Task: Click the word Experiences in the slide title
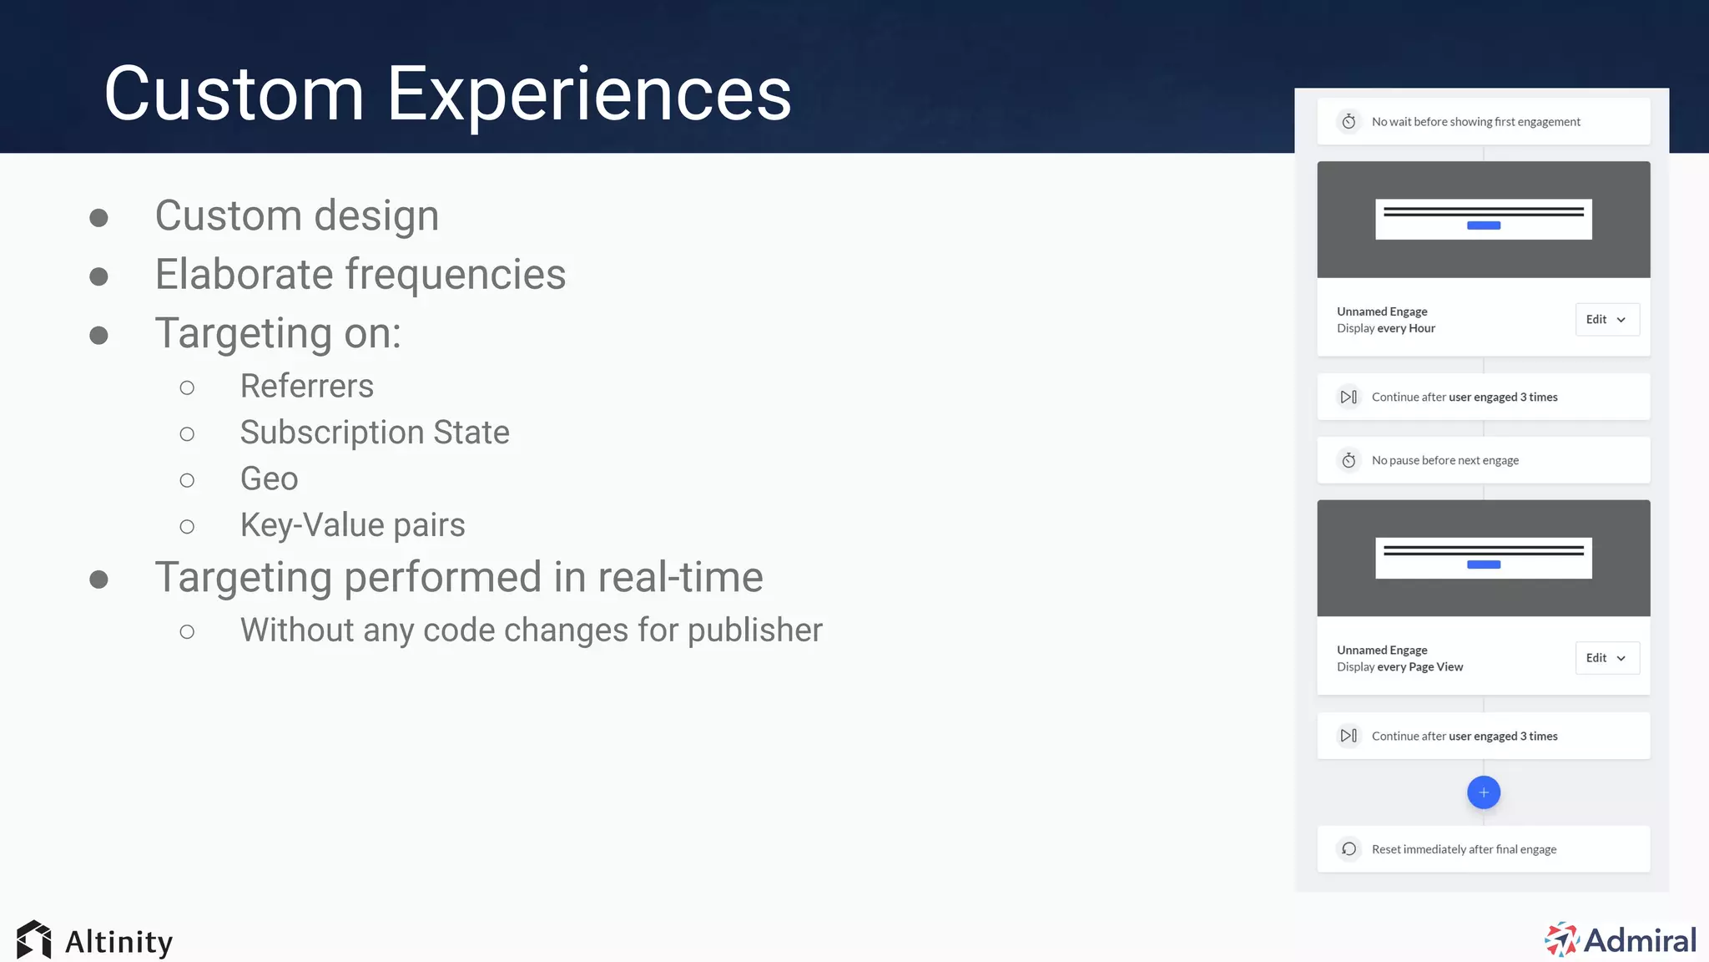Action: pyautogui.click(x=588, y=94)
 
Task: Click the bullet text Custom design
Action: pyautogui.click(x=296, y=215)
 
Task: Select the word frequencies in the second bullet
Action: pyautogui.click(x=455, y=275)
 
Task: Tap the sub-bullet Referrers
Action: pyautogui.click(x=306, y=386)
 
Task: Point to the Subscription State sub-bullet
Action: pyautogui.click(x=374, y=433)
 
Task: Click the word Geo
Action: pyautogui.click(x=269, y=478)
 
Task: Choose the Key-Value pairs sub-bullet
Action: pyautogui.click(x=352, y=525)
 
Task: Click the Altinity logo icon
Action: pyautogui.click(x=34, y=940)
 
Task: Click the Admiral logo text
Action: pyautogui.click(x=1639, y=940)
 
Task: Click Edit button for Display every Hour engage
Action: pyautogui.click(x=1606, y=320)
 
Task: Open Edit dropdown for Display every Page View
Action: pyautogui.click(x=1606, y=658)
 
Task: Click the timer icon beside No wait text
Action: pyautogui.click(x=1349, y=122)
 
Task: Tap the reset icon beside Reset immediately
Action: pyautogui.click(x=1349, y=849)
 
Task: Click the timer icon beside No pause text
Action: pyautogui.click(x=1349, y=460)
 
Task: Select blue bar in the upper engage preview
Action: pyautogui.click(x=1483, y=225)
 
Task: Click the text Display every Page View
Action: pyautogui.click(x=1399, y=667)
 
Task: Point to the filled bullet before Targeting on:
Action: pyautogui.click(x=98, y=336)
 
